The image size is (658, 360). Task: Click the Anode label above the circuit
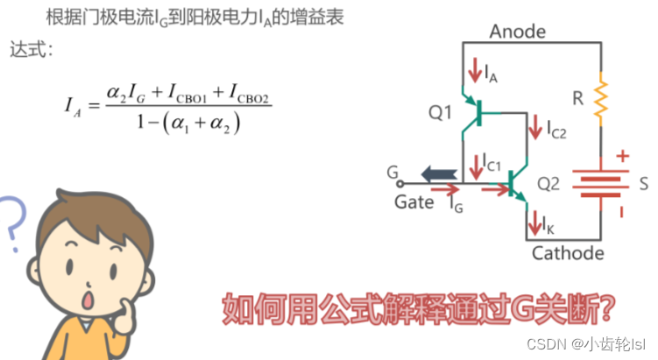517,32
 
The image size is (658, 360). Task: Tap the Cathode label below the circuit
568,253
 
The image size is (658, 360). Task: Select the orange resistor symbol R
601,99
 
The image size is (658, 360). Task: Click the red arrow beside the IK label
534,227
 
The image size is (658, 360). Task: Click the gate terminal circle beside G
401,185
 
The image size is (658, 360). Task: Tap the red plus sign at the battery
623,157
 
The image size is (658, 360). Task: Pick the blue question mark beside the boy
11,224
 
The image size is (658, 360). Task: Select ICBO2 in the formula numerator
249,90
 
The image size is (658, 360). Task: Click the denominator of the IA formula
189,124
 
